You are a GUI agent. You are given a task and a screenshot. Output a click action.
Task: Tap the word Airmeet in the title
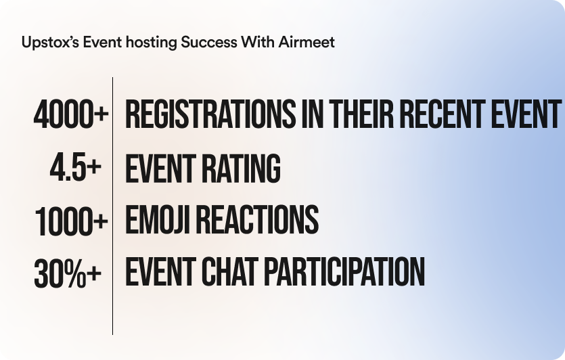pos(307,42)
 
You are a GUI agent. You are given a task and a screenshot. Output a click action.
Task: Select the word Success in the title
pos(209,42)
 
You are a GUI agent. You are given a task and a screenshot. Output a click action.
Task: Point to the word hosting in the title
pos(152,43)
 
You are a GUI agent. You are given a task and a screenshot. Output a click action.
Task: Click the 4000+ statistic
pos(71,114)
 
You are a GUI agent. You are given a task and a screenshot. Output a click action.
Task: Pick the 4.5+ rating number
pos(76,167)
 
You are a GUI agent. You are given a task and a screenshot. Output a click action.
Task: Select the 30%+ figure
pos(68,273)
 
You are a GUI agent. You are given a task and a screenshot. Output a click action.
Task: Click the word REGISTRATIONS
pos(210,114)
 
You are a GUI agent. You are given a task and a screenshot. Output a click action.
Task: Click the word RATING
pos(241,168)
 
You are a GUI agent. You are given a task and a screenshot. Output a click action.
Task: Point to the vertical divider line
pos(112,206)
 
